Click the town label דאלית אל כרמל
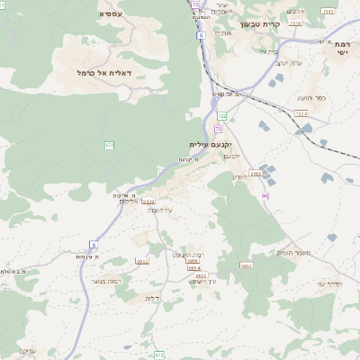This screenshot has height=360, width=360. point(105,71)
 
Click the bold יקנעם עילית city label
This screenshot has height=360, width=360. point(211,144)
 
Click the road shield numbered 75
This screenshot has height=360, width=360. point(194,5)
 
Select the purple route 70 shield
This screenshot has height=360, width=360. point(218,129)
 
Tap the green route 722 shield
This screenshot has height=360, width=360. point(221,116)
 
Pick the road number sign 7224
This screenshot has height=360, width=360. point(300,113)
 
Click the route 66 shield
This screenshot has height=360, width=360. point(265,195)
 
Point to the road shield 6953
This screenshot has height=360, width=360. point(246,265)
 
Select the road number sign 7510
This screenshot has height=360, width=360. point(295,22)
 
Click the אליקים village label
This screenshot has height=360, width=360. point(130,201)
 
